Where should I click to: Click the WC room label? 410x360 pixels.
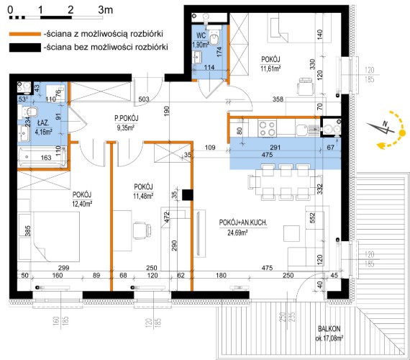click(201, 35)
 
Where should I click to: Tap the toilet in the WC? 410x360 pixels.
click(216, 37)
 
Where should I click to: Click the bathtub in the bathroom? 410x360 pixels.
click(42, 156)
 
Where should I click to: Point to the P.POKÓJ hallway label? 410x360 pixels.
click(127, 118)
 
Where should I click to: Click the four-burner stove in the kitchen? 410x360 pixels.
click(268, 129)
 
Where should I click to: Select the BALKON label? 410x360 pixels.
click(329, 329)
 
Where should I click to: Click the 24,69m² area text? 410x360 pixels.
click(237, 233)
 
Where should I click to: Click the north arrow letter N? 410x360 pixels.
click(384, 124)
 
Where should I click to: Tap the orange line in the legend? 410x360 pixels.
click(25, 34)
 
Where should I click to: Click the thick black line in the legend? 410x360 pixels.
click(25, 48)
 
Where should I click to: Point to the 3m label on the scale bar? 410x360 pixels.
click(106, 10)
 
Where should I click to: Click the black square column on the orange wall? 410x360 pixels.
click(188, 195)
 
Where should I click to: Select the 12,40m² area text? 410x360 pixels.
click(82, 204)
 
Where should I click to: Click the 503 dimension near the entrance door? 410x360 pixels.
click(144, 99)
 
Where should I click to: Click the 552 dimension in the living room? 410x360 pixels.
click(313, 217)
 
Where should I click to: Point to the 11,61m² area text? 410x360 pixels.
click(271, 68)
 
